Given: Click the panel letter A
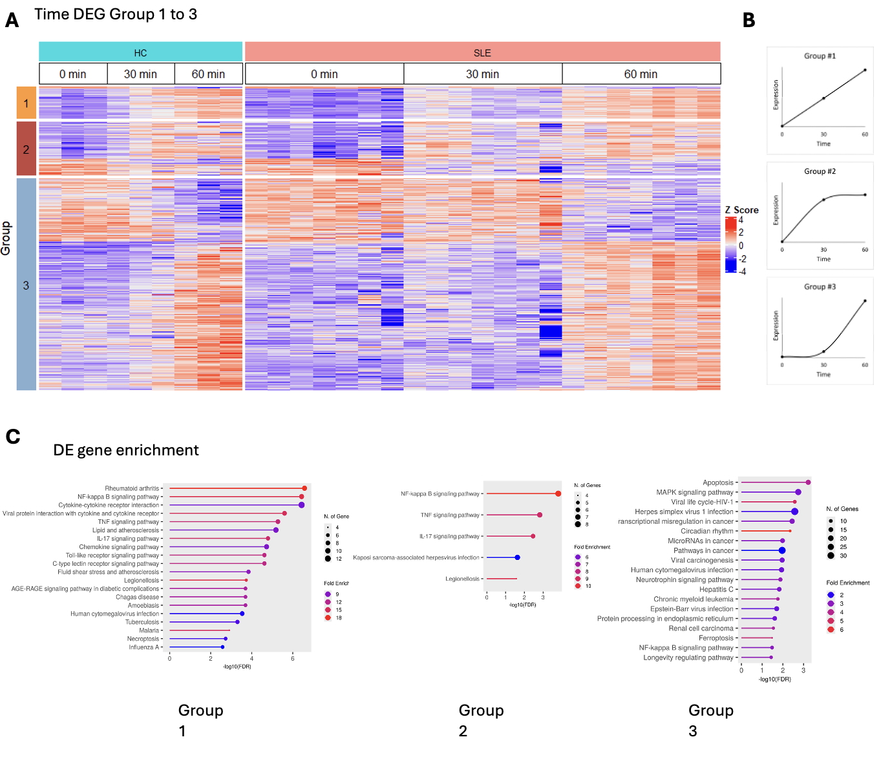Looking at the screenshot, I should pos(12,21).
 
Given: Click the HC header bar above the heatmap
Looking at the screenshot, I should pos(140,52).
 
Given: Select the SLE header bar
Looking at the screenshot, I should pos(482,52).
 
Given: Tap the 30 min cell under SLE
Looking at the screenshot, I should pos(482,74).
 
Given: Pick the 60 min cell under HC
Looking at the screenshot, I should pos(208,74).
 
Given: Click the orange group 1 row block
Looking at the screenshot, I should pos(26,103).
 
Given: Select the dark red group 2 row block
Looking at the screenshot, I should pos(26,149).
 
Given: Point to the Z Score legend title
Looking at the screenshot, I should pos(741,210).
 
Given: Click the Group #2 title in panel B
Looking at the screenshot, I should pos(820,171).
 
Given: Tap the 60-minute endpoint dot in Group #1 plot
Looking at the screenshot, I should pos(865,70).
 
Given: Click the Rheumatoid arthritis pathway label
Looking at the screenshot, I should pos(132,488).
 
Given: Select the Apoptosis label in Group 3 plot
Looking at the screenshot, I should pos(718,482).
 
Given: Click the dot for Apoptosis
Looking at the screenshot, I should pos(808,482).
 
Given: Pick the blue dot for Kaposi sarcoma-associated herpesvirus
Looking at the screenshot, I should pos(517,557).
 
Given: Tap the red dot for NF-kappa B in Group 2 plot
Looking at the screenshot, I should pos(558,493).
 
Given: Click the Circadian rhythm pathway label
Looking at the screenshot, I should pos(707,531).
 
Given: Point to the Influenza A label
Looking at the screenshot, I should pos(143,647).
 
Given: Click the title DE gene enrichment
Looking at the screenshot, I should pos(126,450).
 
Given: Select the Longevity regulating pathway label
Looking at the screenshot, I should pos(688,658).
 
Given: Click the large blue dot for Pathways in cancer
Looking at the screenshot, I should pos(782,550).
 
